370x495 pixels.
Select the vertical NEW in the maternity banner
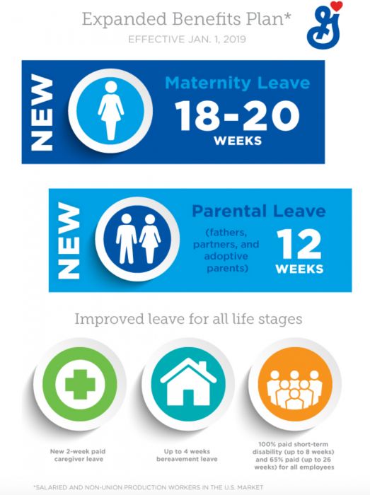42,113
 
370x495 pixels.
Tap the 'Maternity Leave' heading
237,84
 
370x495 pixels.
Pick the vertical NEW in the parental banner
69,240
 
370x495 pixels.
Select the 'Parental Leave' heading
258,211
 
